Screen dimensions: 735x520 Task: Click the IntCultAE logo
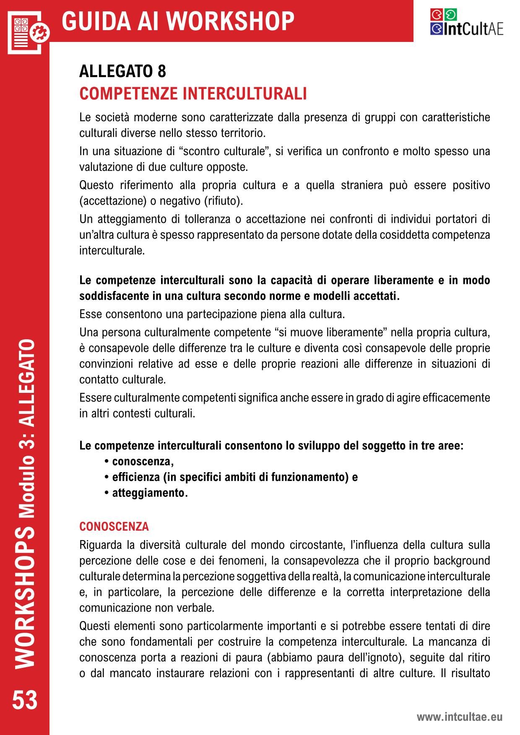point(466,22)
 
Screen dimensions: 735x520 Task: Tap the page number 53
point(25,700)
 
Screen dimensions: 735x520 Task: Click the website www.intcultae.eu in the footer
point(459,717)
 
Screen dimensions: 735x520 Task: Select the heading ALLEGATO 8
point(122,72)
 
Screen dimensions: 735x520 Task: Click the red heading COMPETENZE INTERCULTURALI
point(193,93)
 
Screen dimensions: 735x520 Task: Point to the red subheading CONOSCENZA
point(114,526)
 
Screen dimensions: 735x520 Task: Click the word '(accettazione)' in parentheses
point(113,201)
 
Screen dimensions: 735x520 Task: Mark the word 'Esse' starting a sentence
point(91,314)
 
